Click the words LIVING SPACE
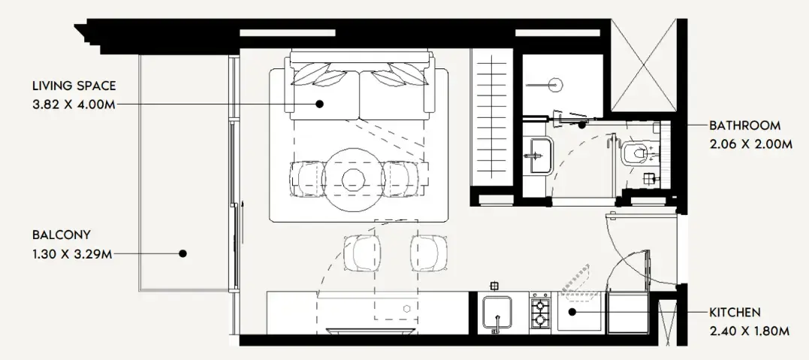tap(74, 86)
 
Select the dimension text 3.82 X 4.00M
tap(74, 104)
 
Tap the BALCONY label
tap(61, 234)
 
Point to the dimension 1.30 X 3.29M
tap(72, 253)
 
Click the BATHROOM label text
tap(744, 126)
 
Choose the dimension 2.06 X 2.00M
tap(750, 144)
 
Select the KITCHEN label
tap(735, 312)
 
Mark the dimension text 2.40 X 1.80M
tap(749, 330)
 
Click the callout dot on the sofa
tap(319, 104)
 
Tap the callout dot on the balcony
tap(183, 253)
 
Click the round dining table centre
tap(353, 179)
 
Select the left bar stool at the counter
tap(361, 253)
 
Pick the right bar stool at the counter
tap(430, 253)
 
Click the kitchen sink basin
tap(497, 313)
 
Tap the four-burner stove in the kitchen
tap(540, 313)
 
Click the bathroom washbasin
tap(539, 154)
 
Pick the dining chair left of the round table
tap(308, 179)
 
